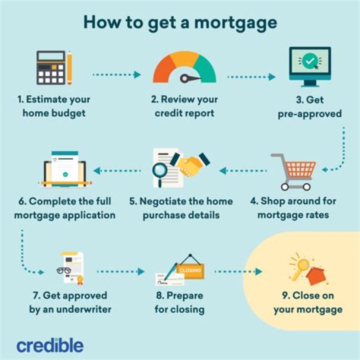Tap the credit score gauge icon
pyautogui.click(x=184, y=68)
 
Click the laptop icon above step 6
pyautogui.click(x=64, y=169)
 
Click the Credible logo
pyautogui.click(x=50, y=345)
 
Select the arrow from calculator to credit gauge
pyautogui.click(x=116, y=75)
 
